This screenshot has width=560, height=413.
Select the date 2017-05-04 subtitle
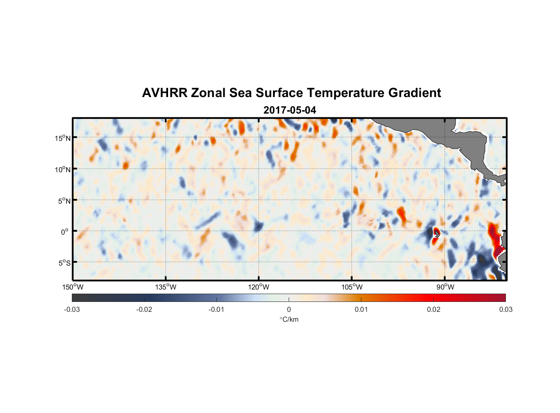(x=289, y=110)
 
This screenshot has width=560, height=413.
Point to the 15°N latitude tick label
(x=63, y=138)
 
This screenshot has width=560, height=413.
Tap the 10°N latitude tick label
(x=63, y=169)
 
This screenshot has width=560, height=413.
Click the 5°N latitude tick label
(x=64, y=201)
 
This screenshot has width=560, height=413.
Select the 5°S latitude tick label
(x=64, y=263)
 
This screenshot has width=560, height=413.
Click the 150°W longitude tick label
(x=73, y=287)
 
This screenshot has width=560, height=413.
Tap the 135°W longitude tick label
(x=166, y=287)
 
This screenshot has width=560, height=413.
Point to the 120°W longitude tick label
(x=259, y=287)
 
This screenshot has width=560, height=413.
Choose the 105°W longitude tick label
(x=352, y=287)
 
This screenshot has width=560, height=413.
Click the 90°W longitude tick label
(x=445, y=287)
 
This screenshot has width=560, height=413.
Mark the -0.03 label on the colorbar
(x=72, y=309)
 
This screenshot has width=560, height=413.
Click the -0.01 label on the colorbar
(x=216, y=309)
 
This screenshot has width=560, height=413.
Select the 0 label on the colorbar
(x=289, y=309)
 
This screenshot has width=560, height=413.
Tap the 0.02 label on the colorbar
(x=434, y=309)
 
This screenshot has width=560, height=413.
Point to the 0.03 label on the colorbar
(x=505, y=309)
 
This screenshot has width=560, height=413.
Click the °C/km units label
(x=289, y=319)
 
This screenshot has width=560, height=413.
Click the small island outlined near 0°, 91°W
(x=436, y=233)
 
